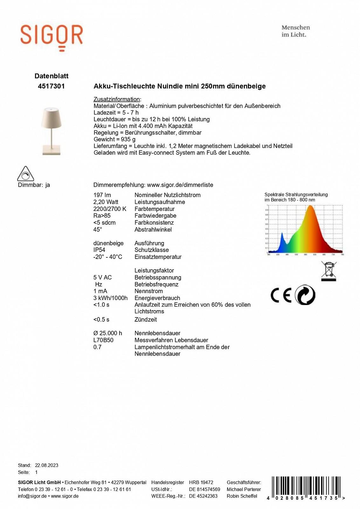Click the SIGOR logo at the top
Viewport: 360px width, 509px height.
click(52, 36)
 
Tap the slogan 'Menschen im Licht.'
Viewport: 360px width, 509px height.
click(295, 31)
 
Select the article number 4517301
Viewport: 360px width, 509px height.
click(51, 86)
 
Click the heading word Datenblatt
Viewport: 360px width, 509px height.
click(52, 76)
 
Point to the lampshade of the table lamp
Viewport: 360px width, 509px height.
click(51, 117)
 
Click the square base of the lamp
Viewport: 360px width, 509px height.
click(51, 150)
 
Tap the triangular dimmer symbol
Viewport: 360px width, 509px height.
click(25, 174)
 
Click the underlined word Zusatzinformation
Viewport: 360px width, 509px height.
click(116, 99)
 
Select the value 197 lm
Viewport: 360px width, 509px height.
click(102, 195)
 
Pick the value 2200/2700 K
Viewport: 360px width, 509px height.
click(110, 209)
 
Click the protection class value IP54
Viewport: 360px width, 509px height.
click(99, 250)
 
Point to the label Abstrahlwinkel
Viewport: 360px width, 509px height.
click(153, 230)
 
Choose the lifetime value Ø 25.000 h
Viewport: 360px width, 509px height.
click(107, 333)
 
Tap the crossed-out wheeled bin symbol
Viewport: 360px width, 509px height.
click(329, 271)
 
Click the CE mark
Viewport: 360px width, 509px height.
click(281, 295)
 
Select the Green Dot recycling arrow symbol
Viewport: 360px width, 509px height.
click(305, 295)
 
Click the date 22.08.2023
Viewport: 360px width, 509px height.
click(46, 465)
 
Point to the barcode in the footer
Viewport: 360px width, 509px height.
click(306, 487)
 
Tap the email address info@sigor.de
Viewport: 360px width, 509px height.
click(32, 496)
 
